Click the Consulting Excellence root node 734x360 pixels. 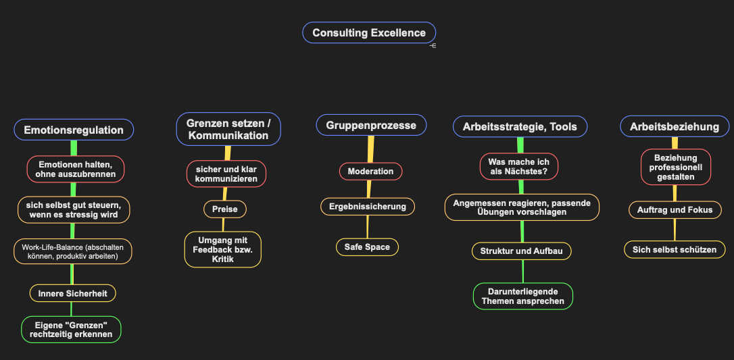369,32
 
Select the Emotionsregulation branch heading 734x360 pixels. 74,130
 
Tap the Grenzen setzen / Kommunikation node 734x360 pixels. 228,129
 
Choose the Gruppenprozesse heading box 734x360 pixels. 371,126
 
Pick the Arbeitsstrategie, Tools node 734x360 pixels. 520,126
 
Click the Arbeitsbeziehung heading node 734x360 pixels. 675,126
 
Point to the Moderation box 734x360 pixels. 371,171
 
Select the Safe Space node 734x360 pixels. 368,247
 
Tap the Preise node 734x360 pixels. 224,209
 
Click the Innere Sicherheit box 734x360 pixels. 72,293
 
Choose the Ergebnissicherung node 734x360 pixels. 368,206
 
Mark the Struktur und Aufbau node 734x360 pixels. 522,251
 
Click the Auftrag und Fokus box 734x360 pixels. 675,210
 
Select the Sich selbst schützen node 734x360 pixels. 675,249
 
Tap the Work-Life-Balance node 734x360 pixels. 72,251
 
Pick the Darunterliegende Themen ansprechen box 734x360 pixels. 523,296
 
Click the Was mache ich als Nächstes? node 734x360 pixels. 519,166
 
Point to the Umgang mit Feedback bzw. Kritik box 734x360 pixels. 223,249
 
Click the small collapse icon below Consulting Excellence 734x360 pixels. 433,46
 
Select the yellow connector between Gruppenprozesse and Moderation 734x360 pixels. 371,149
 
